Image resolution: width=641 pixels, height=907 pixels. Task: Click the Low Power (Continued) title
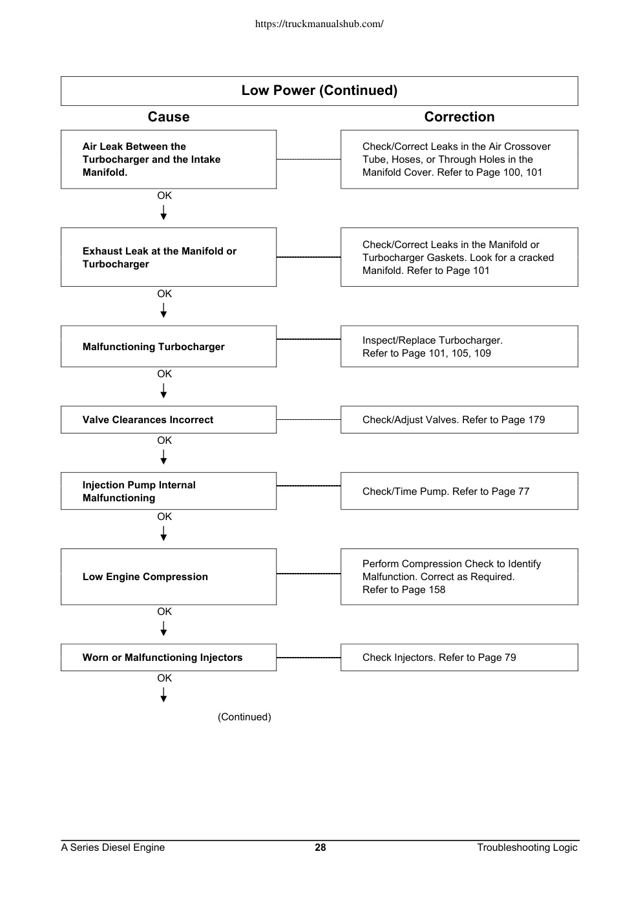[x=319, y=90]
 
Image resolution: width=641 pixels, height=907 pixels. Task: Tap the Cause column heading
[x=169, y=117]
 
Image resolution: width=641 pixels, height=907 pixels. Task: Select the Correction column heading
[x=459, y=117]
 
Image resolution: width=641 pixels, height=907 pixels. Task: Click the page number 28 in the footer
[x=320, y=848]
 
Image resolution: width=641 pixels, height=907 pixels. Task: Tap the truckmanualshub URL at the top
[x=319, y=24]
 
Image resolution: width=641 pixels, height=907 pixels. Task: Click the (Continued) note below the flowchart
[x=244, y=717]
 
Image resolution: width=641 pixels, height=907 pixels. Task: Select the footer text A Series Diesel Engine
[x=113, y=848]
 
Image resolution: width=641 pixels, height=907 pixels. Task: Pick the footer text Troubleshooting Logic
[x=527, y=848]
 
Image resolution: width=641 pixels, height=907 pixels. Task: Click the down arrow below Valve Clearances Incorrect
[x=163, y=457]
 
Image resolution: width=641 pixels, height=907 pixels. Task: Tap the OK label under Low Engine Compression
[x=164, y=611]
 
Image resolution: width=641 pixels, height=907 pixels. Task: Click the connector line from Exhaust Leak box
[x=309, y=257]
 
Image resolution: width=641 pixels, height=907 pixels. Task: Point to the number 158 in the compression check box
[x=437, y=590]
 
